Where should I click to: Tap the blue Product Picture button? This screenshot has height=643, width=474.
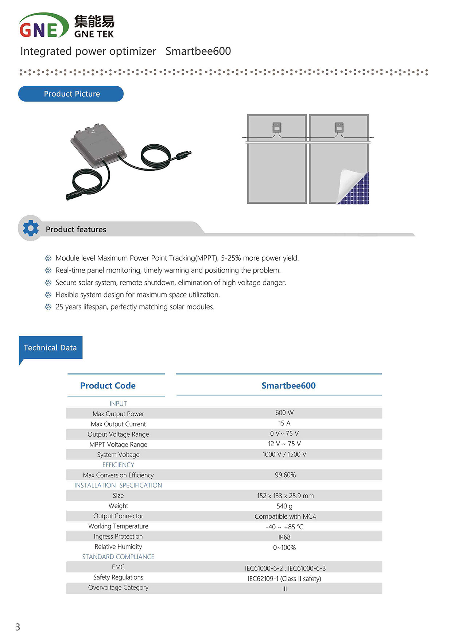[71, 94]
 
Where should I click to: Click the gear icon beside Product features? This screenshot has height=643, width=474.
[31, 228]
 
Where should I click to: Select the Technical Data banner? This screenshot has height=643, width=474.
[50, 347]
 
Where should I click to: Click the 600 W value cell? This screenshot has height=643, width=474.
[284, 413]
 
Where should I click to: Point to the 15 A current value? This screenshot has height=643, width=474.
[284, 423]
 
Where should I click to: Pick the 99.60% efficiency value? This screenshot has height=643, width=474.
[285, 475]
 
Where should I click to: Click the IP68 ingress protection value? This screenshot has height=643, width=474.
[284, 537]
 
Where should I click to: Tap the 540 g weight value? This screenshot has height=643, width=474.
[284, 506]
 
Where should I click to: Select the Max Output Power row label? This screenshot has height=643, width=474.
[118, 414]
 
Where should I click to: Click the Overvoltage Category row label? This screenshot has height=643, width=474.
[118, 587]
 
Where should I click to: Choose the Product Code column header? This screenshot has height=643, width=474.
[108, 386]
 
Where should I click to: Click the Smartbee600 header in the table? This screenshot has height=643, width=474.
[288, 386]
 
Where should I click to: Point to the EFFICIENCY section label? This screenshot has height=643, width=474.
[118, 465]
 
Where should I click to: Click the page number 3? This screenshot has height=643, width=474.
[18, 627]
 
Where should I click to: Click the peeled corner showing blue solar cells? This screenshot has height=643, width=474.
[355, 190]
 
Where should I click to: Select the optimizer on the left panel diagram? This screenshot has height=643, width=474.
[277, 128]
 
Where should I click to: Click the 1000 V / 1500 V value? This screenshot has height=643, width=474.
[284, 454]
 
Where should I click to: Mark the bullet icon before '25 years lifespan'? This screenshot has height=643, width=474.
[48, 307]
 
